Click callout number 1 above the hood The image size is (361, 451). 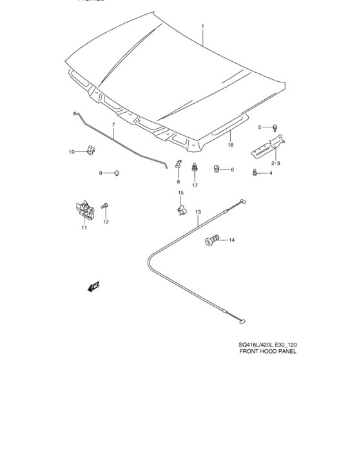pos(202,26)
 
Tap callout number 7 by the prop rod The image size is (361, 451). pos(113,124)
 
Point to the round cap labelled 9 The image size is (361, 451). pos(117,173)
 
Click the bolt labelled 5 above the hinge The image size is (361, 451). pos(275,127)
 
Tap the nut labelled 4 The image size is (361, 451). pos(256,172)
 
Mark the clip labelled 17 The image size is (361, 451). pos(194,170)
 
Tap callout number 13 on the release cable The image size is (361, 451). pos(198,212)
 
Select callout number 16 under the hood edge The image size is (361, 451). pos(229,145)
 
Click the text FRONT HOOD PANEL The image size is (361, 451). pos(267,352)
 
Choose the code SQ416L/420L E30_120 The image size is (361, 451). pos(266,344)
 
